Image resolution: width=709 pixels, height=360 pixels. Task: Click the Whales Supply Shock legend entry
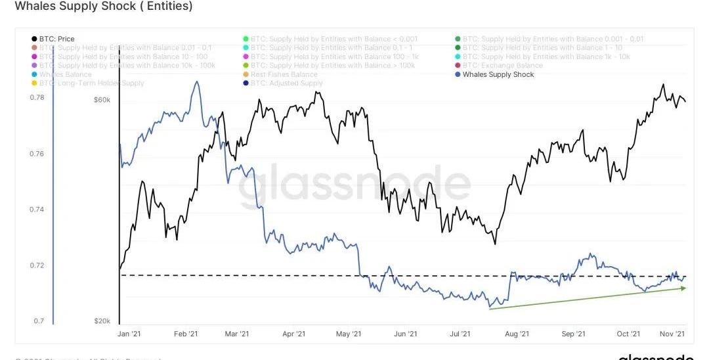pyautogui.click(x=498, y=75)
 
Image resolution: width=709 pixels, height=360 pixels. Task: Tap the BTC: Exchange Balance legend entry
pyautogui.click(x=502, y=66)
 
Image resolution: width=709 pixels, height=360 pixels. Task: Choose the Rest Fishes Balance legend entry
pyautogui.click(x=284, y=75)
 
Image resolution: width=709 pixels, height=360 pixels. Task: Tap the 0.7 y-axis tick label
pyautogui.click(x=39, y=322)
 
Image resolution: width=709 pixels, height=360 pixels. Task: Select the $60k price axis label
pyautogui.click(x=102, y=101)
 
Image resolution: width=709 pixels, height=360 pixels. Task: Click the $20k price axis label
pyautogui.click(x=102, y=321)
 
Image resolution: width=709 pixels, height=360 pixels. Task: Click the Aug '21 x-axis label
pyautogui.click(x=517, y=334)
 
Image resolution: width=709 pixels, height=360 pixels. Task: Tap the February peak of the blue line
pyautogui.click(x=196, y=83)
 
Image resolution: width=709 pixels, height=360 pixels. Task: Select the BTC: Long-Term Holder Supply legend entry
pyautogui.click(x=91, y=83)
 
